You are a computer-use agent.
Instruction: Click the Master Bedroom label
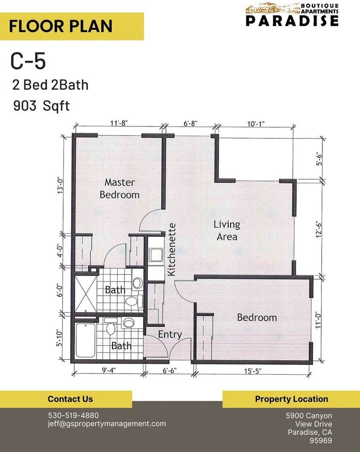pos(120,188)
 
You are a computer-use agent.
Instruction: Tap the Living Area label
pos(227,230)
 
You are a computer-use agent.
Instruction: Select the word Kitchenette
pos(172,249)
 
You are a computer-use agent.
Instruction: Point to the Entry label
pos(169,335)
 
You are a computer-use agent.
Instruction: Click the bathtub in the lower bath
pos(85,339)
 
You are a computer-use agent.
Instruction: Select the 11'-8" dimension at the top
pos(119,123)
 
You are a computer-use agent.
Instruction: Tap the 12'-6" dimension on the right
pos(320,230)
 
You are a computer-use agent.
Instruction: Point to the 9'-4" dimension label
pos(108,371)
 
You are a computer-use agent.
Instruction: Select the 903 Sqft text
pos(42,105)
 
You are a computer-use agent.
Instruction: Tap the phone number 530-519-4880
pos(73,415)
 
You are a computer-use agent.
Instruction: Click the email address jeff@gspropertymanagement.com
pos(107,424)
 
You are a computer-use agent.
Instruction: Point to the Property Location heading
pos(291,399)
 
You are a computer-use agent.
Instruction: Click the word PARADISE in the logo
pos(292,20)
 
